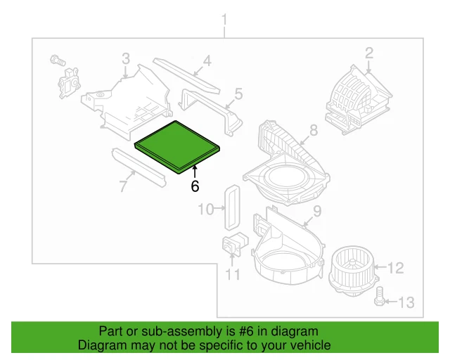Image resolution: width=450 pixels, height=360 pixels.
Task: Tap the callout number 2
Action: [x=368, y=52]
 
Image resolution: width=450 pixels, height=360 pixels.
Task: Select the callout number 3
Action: [x=125, y=57]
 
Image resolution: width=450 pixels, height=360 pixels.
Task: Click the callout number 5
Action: [x=238, y=93]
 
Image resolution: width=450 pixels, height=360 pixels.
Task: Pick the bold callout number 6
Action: [x=195, y=186]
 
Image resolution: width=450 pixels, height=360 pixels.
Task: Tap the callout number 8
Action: [x=314, y=130]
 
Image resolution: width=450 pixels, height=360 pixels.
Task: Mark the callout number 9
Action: [x=317, y=210]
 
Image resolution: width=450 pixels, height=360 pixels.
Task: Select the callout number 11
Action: [x=233, y=274]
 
